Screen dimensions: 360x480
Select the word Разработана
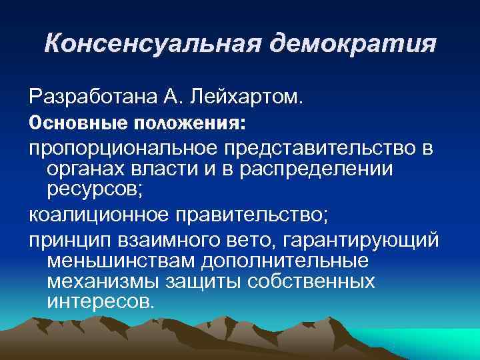pyautogui.click(x=87, y=98)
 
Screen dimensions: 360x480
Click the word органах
pyautogui.click(x=83, y=170)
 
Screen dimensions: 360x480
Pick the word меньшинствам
pyautogui.click(x=117, y=259)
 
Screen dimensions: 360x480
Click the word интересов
pyautogui.click(x=101, y=301)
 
